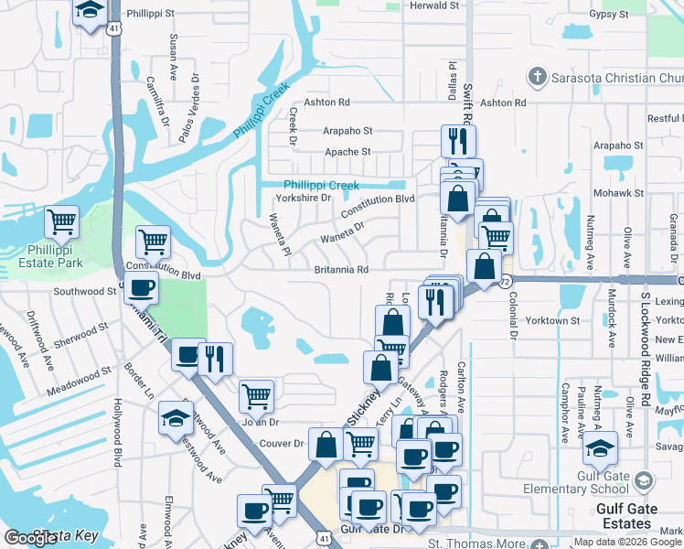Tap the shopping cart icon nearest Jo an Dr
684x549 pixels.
pyautogui.click(x=256, y=397)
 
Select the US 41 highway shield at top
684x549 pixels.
pyautogui.click(x=112, y=29)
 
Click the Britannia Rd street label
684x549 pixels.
pyautogui.click(x=341, y=270)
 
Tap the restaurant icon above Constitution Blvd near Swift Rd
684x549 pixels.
pyautogui.click(x=455, y=140)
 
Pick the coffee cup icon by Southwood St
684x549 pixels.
pyautogui.click(x=142, y=289)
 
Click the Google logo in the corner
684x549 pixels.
pyautogui.click(x=30, y=538)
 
